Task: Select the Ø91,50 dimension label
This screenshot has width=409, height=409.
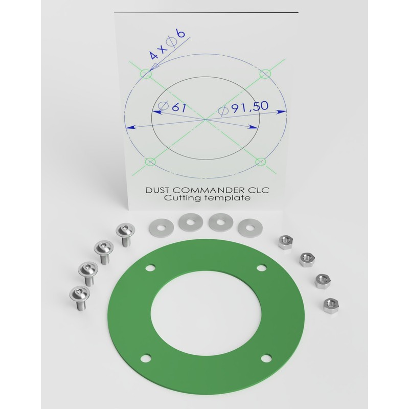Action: pos(243,108)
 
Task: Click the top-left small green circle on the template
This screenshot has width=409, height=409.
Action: pos(147,74)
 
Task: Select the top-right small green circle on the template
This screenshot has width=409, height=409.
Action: pos(265,75)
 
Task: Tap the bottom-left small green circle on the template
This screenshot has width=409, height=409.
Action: pos(150,163)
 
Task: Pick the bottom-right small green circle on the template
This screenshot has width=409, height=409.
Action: pos(261,162)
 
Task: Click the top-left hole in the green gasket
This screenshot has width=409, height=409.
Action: pos(150,267)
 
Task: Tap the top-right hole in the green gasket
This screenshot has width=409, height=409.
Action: pos(261,267)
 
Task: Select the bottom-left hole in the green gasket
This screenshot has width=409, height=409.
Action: pos(146,357)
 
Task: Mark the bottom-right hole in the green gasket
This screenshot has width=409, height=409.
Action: pos(265,358)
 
